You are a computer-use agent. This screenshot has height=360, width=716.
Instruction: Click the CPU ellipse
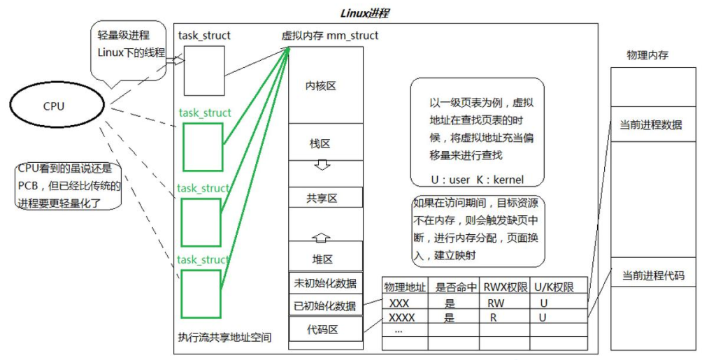coord(54,106)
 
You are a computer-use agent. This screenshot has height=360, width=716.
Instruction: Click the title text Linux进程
coord(364,13)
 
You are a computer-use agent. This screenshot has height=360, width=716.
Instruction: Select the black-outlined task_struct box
coord(204,71)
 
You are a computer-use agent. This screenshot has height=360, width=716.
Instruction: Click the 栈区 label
coord(320,143)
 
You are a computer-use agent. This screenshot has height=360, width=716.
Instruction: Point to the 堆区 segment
coord(322,259)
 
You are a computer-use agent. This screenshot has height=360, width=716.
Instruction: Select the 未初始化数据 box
coord(326,283)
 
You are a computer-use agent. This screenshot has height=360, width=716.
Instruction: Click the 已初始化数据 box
coord(326,305)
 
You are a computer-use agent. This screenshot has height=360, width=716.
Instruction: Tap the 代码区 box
coord(326,329)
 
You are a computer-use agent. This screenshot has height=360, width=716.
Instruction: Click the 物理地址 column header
coord(405,287)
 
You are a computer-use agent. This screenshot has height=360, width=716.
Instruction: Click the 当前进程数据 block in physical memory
coord(652,124)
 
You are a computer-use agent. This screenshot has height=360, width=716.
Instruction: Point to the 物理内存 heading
coord(647,55)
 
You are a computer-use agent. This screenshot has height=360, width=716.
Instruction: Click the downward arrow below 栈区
coord(322,166)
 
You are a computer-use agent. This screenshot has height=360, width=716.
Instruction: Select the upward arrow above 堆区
coord(322,238)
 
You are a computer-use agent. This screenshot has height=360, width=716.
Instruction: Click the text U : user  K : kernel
coord(477,180)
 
